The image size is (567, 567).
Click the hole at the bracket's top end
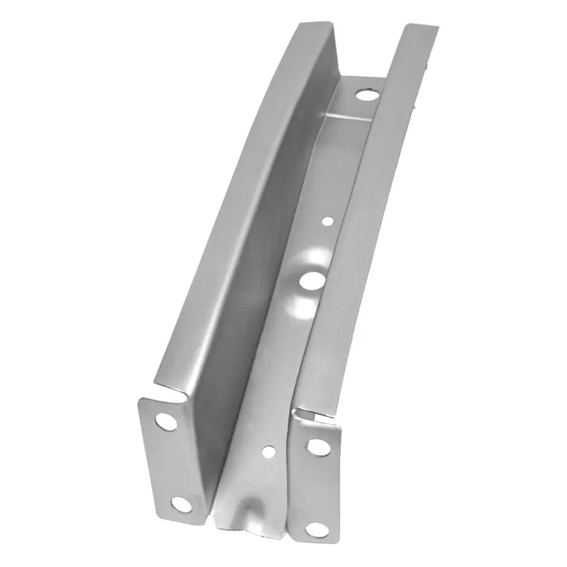pyautogui.click(x=367, y=95)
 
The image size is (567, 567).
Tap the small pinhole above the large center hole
pyautogui.click(x=328, y=220)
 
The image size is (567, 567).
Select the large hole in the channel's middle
pyautogui.click(x=312, y=280)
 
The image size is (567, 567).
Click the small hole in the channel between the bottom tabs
pyautogui.click(x=268, y=451)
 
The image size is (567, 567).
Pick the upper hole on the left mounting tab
pyautogui.click(x=166, y=421)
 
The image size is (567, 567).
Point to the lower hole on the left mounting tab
pyautogui.click(x=181, y=503)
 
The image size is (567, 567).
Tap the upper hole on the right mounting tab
pyautogui.click(x=318, y=447)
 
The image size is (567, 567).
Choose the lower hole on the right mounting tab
pyautogui.click(x=317, y=530)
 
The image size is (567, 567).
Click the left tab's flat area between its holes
pyautogui.click(x=173, y=463)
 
